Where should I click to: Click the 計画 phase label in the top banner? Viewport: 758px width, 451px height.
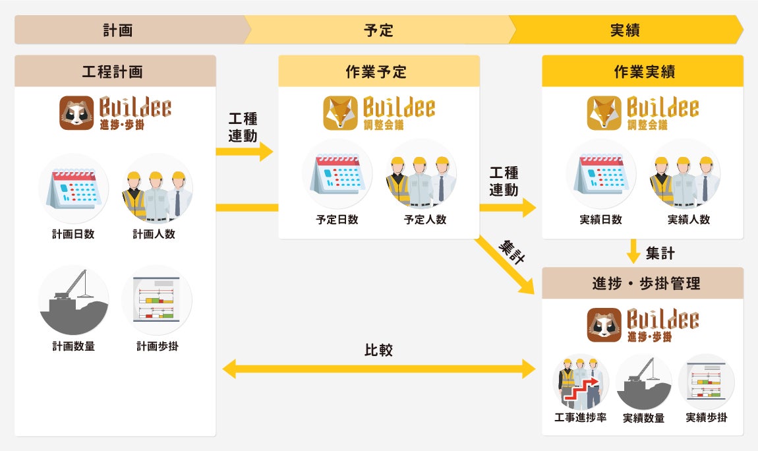pos(118,30)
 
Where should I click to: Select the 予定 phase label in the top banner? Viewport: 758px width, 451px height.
pos(378,30)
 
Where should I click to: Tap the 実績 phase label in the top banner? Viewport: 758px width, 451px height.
pos(625,30)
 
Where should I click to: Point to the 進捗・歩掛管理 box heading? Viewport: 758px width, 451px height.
pos(643,284)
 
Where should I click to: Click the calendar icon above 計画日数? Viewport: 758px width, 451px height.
pos(73,189)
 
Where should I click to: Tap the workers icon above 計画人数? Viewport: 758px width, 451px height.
pos(156,189)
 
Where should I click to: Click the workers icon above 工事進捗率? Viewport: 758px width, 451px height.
pos(581,382)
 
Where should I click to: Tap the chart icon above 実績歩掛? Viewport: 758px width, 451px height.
pos(706,382)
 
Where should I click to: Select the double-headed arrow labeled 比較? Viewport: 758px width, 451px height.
pos(378,369)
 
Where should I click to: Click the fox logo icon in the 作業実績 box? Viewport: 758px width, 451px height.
pos(604,113)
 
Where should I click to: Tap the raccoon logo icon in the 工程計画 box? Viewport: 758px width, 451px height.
pos(76,113)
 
